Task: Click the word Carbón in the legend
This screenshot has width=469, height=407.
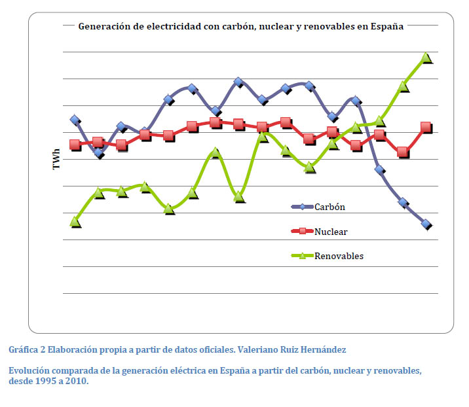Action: click(329, 207)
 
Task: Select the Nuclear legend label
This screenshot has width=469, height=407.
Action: click(331, 232)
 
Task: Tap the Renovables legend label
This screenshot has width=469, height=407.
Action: click(339, 256)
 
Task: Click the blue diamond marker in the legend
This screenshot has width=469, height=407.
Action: click(303, 207)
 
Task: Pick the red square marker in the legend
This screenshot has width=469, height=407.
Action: click(303, 232)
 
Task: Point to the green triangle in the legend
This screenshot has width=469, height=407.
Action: click(303, 256)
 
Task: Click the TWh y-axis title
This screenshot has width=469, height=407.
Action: click(56, 161)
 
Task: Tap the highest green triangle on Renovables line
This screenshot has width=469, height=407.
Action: click(426, 58)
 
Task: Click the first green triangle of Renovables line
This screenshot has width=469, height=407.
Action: click(75, 222)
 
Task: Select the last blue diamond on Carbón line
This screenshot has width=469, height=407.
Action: click(426, 224)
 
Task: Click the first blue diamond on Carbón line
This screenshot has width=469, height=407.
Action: click(75, 120)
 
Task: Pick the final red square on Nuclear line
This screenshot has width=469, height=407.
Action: click(426, 127)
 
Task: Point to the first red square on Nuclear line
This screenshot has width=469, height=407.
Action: click(75, 145)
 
